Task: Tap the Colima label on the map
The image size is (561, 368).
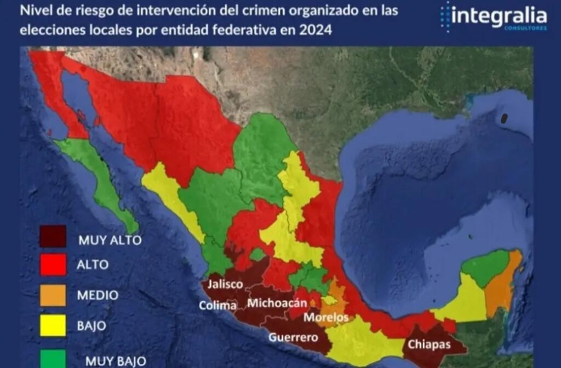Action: coord(217,305)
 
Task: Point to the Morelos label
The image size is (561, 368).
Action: coord(327,317)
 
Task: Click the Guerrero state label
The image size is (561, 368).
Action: coord(293,337)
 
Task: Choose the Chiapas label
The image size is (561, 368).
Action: coord(428,344)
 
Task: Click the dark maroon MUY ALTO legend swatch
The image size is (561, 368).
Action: coord(53,237)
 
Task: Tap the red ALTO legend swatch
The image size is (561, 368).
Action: coord(53,265)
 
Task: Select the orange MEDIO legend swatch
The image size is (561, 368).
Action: coord(53,295)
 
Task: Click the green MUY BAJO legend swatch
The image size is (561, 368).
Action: coord(53,358)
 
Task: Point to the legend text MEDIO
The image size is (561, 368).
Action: coord(98,295)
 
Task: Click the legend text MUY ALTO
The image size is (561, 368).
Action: coord(110,240)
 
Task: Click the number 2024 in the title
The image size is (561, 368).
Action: coord(316,30)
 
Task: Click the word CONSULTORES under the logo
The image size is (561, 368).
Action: coord(525,28)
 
